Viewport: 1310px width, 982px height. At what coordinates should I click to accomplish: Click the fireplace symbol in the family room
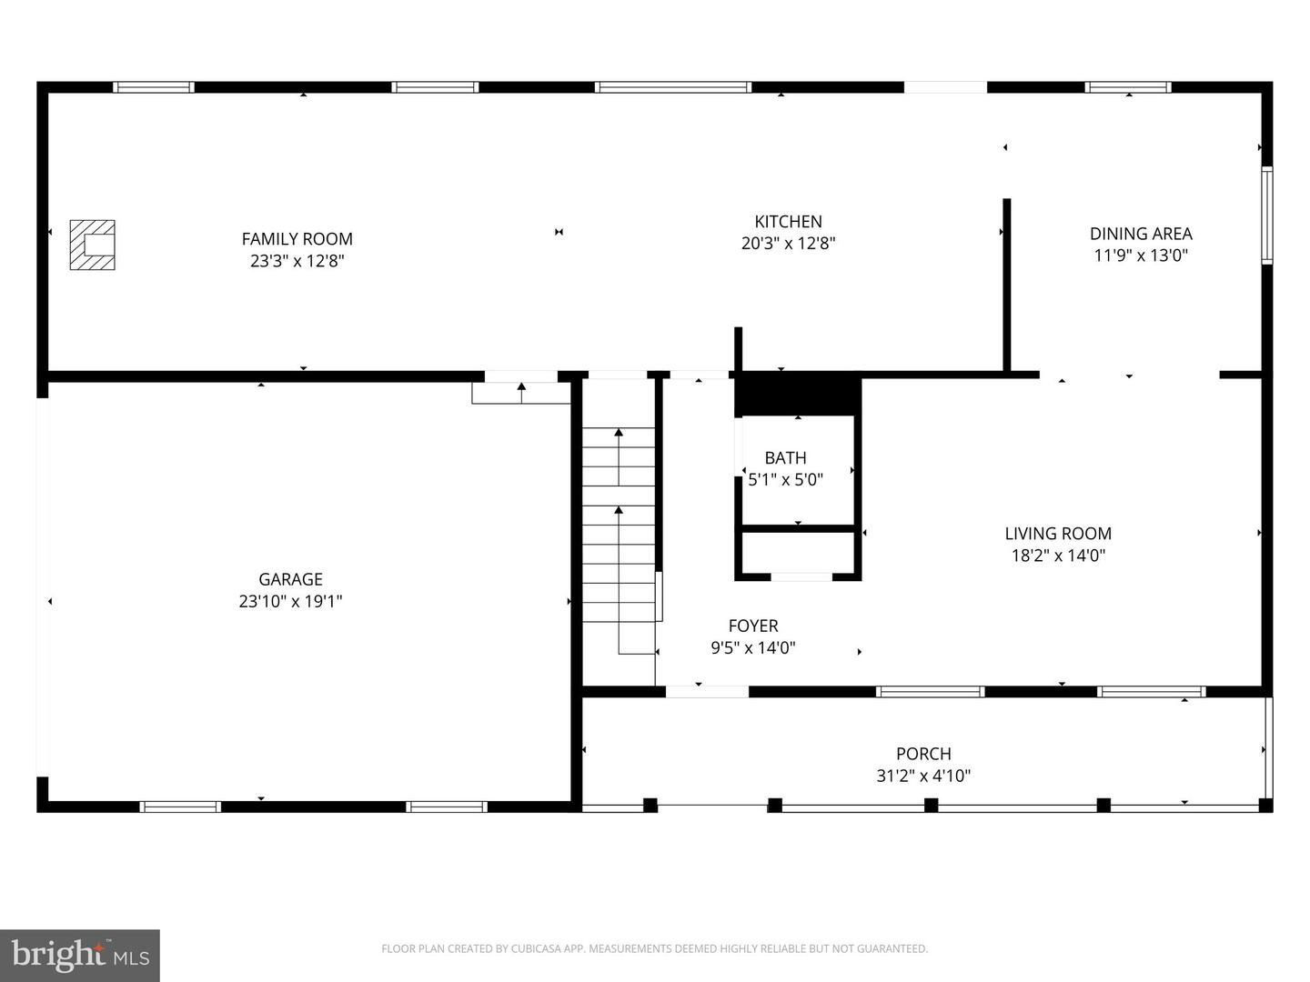point(93,245)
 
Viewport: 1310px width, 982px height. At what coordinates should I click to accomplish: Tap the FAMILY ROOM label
point(297,239)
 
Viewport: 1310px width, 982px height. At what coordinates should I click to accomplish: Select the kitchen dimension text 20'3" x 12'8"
point(789,244)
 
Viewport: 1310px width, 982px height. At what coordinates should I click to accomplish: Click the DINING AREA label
point(1141,234)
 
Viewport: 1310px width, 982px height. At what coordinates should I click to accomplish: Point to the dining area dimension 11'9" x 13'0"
point(1141,256)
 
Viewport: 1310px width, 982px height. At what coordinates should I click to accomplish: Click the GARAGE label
point(290,579)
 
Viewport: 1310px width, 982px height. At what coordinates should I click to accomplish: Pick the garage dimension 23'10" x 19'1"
point(290,601)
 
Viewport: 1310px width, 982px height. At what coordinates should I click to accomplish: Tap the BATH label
point(785,458)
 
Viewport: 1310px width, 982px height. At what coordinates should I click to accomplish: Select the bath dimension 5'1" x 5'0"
point(785,479)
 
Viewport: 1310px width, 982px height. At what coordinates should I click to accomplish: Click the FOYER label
point(753,626)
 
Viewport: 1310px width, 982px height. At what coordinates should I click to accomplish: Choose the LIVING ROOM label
point(1058,534)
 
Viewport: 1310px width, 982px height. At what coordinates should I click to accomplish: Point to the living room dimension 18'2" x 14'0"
point(1058,555)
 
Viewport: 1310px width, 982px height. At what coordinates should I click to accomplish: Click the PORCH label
point(924,754)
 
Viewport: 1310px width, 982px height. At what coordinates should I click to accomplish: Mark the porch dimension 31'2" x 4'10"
point(924,776)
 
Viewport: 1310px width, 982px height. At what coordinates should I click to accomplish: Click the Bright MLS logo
point(79,955)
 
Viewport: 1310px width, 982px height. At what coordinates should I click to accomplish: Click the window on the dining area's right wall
point(1266,215)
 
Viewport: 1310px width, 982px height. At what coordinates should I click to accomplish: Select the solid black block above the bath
point(798,394)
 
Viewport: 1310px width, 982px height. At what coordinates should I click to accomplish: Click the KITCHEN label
point(789,222)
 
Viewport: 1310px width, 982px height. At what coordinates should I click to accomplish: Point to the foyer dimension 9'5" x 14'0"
point(753,647)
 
